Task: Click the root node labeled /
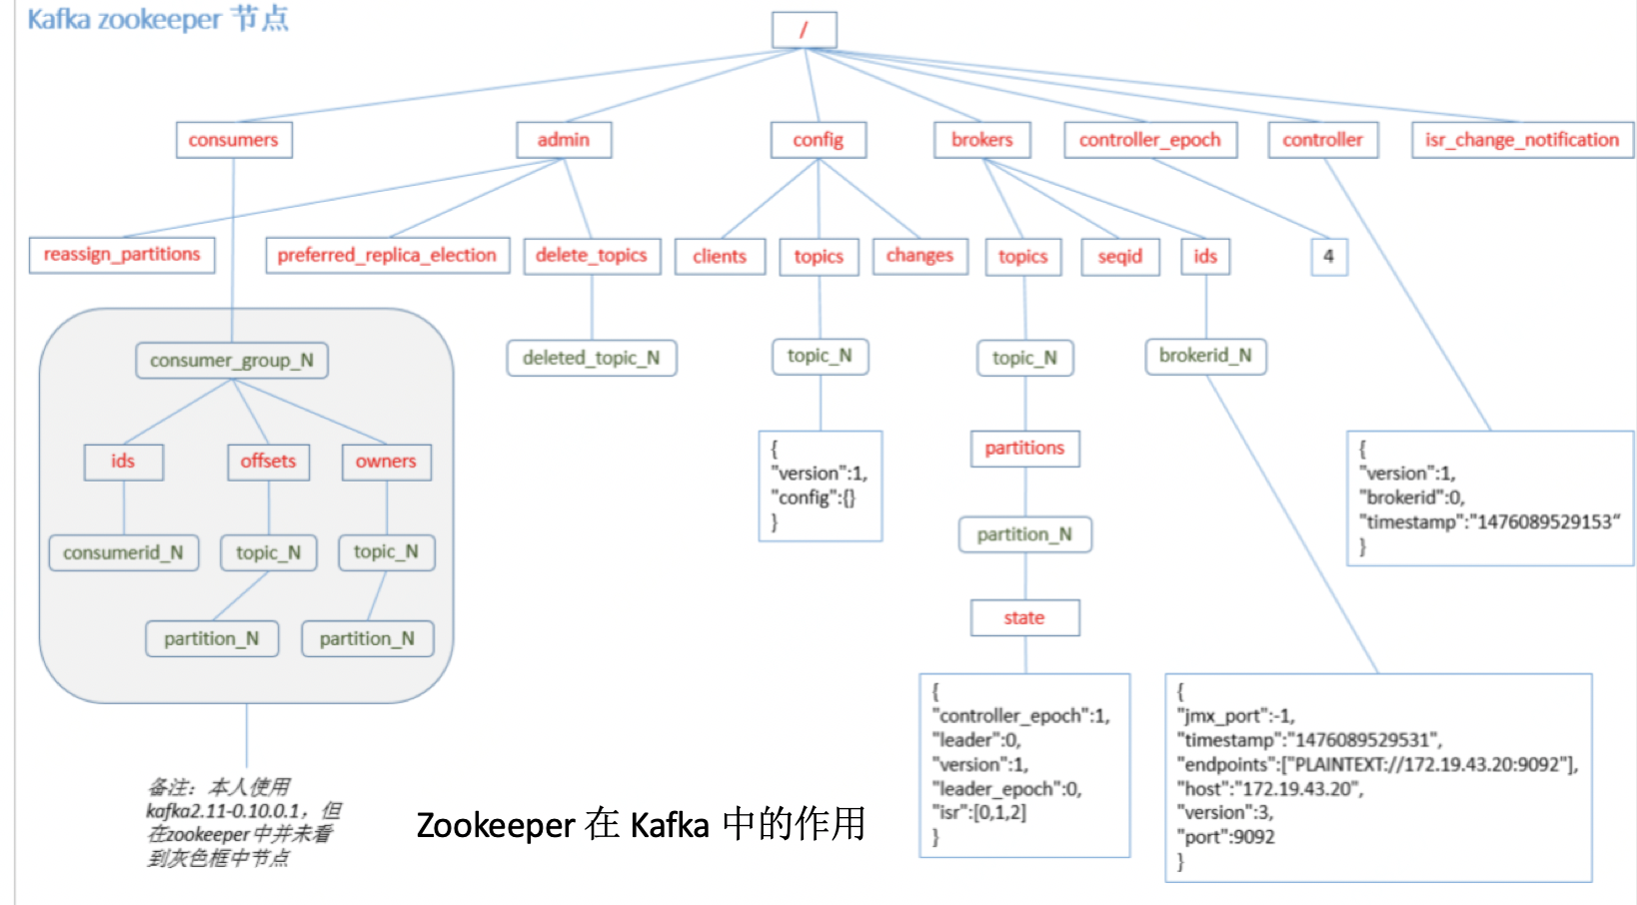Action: pyautogui.click(x=804, y=30)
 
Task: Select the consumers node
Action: pyautogui.click(x=234, y=140)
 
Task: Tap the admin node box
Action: pyautogui.click(x=564, y=140)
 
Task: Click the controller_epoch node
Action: pyautogui.click(x=1150, y=140)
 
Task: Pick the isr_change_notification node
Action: pyautogui.click(x=1522, y=140)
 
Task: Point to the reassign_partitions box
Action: pyautogui.click(x=122, y=255)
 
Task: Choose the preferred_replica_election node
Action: pyautogui.click(x=387, y=256)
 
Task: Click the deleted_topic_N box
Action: pyautogui.click(x=592, y=358)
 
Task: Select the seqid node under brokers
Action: pyautogui.click(x=1120, y=257)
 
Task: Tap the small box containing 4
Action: pyautogui.click(x=1328, y=257)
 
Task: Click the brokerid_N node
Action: pyautogui.click(x=1205, y=356)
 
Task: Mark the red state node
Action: pyautogui.click(x=1024, y=617)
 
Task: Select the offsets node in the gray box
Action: pyautogui.click(x=268, y=461)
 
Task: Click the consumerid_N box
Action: pyautogui.click(x=123, y=552)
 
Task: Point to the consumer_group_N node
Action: pyautogui.click(x=232, y=361)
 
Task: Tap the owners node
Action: pyautogui.click(x=386, y=461)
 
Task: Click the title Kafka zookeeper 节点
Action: pyautogui.click(x=158, y=19)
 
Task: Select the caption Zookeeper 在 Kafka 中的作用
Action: pyautogui.click(x=641, y=825)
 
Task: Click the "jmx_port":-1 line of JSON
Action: pyautogui.click(x=1236, y=715)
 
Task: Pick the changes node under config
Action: pyautogui.click(x=919, y=256)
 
